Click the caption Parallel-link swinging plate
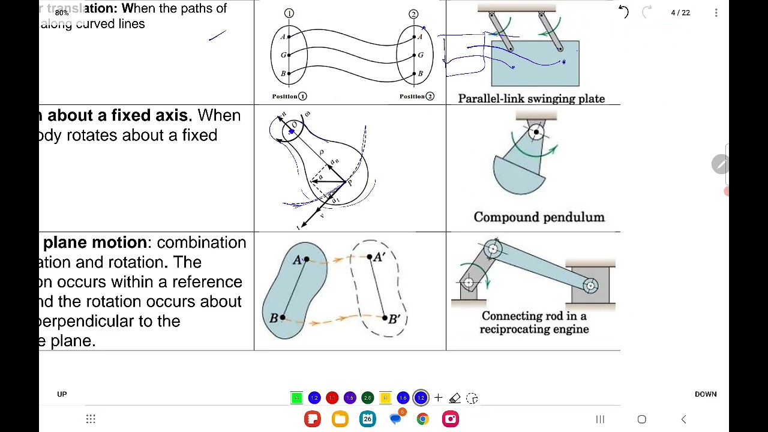531,99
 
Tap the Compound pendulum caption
539,217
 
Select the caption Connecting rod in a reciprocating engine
533,322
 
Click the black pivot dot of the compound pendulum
536,132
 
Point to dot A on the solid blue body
307,259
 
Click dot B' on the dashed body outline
384,317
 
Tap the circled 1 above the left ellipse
289,13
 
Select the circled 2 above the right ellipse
413,14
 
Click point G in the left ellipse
289,55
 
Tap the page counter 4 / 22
680,13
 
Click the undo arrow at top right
623,12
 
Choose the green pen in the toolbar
296,398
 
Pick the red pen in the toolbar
332,398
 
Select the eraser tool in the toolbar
455,398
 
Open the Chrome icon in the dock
423,419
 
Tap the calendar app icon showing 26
367,419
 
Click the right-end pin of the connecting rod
590,286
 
